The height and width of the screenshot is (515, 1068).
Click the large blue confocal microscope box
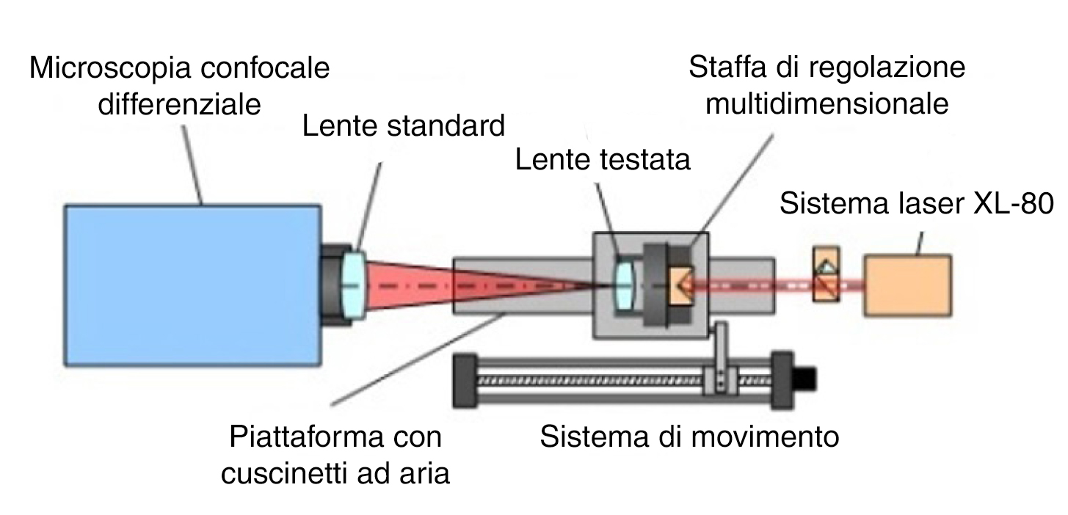(192, 285)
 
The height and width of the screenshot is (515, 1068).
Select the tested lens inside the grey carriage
(625, 285)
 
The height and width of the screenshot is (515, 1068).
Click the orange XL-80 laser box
(908, 285)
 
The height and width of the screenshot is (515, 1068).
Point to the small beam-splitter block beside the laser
(827, 274)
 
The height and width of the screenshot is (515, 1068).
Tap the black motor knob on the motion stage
(804, 379)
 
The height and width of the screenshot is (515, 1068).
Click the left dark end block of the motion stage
(465, 381)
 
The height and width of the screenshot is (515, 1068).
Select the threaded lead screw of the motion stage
(625, 380)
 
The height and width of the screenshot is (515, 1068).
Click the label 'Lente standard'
(404, 125)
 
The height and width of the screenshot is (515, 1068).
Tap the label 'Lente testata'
(603, 159)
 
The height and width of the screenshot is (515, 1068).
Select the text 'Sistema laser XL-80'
(916, 203)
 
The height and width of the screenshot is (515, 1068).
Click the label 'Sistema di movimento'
(689, 436)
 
